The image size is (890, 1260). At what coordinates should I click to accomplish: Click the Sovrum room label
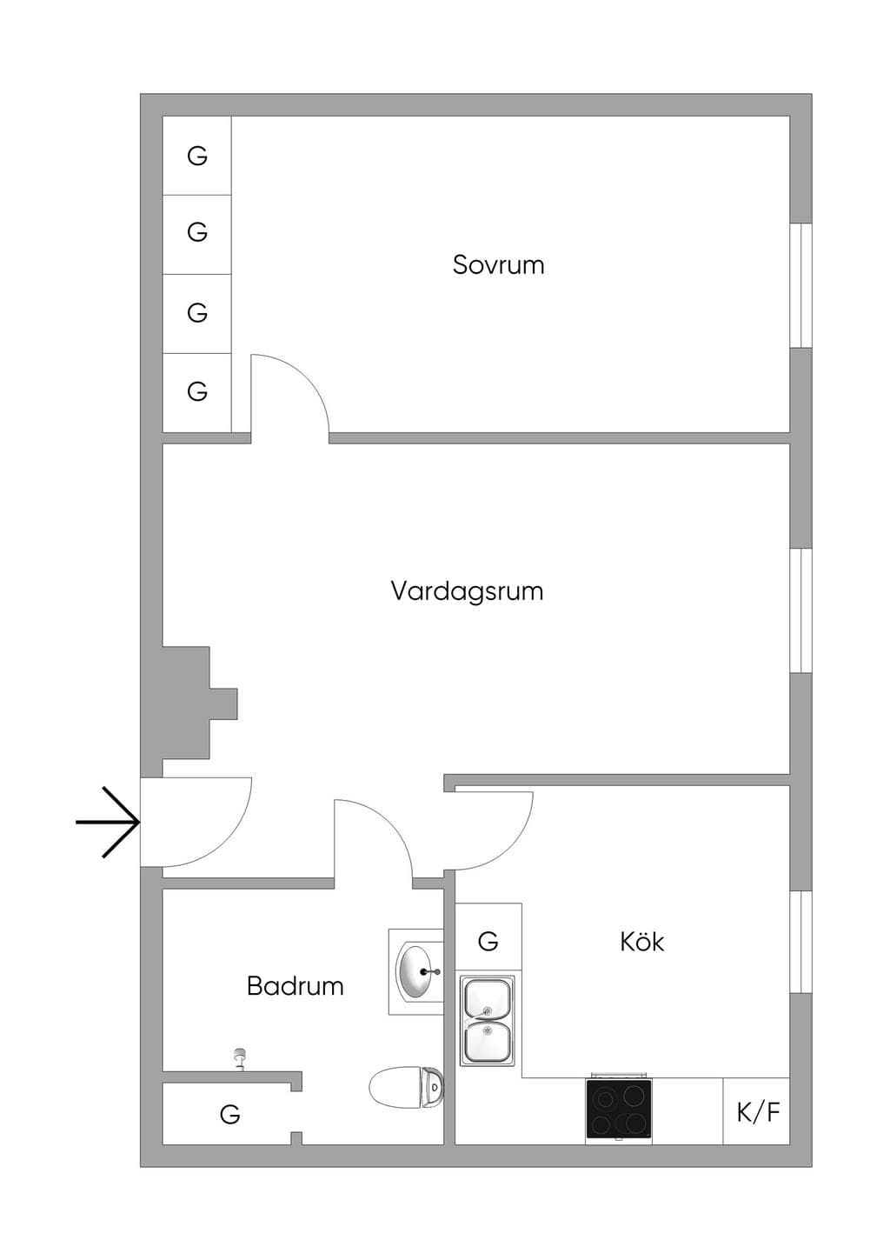click(x=498, y=265)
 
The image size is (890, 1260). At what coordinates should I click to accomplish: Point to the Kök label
click(x=641, y=941)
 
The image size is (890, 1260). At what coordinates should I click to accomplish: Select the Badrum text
click(x=296, y=986)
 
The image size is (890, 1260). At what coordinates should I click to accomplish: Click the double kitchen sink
click(x=487, y=1021)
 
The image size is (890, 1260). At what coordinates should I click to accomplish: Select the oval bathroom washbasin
click(x=416, y=972)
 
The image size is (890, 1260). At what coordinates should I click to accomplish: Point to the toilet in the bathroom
click(x=406, y=1088)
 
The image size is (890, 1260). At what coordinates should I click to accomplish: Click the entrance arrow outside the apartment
click(x=108, y=823)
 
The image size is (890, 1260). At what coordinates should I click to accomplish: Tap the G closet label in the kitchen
click(x=488, y=941)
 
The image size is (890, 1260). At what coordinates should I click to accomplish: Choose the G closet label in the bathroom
click(x=230, y=1114)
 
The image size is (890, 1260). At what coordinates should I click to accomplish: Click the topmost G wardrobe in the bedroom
click(x=197, y=156)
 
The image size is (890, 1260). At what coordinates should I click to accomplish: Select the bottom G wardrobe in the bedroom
click(x=197, y=391)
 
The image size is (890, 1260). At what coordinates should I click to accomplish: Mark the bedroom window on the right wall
click(x=801, y=285)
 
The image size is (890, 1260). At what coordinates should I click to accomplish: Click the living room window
click(x=801, y=610)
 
